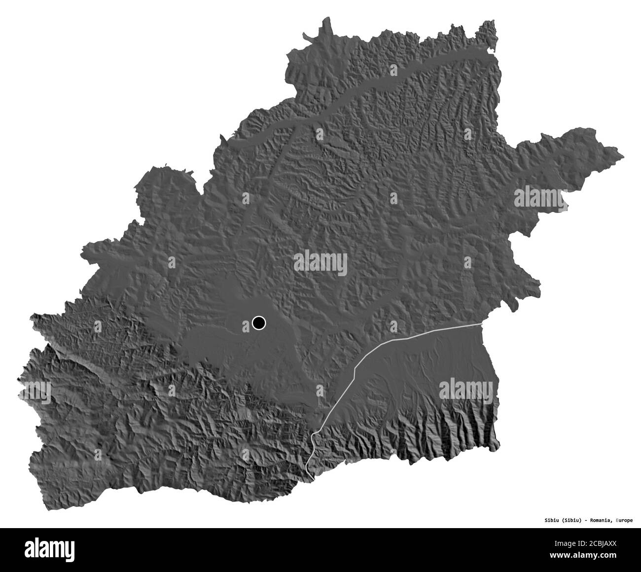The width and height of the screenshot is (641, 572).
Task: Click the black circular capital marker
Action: (x=258, y=323)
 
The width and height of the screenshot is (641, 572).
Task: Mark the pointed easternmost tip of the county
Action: (x=623, y=157)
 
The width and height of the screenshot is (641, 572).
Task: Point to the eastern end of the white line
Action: (x=481, y=324)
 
